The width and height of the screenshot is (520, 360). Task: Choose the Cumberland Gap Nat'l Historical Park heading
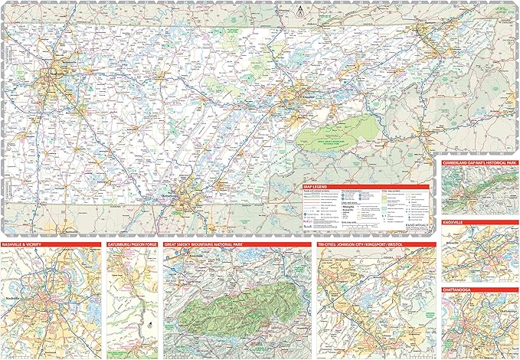tap(480, 165)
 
